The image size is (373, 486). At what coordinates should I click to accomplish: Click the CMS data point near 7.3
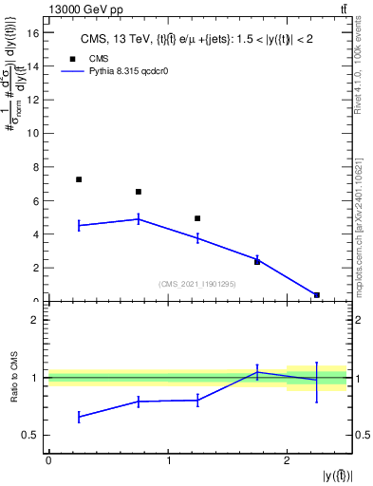[79, 179]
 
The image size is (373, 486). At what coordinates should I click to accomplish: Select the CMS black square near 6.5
[139, 192]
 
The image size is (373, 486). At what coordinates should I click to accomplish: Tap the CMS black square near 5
[197, 218]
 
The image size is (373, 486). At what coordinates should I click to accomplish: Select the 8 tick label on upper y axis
[36, 167]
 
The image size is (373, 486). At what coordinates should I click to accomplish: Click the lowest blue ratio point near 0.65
[79, 417]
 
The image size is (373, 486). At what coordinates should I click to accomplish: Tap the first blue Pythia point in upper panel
[79, 225]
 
